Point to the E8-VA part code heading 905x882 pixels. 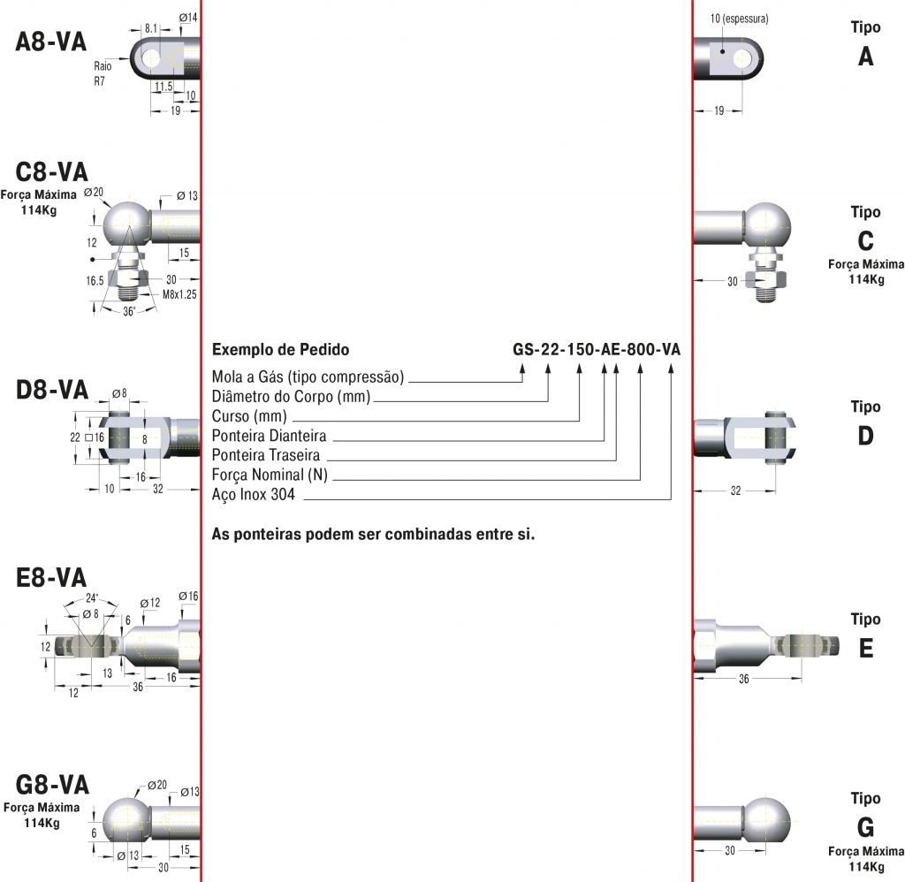52,578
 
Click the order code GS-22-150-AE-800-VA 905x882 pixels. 597,349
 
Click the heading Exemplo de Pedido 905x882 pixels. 274,349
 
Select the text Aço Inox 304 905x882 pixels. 253,496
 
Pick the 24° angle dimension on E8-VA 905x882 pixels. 91,596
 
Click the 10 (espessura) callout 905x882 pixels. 739,18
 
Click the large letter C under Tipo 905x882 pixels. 865,241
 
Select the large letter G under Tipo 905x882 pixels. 865,827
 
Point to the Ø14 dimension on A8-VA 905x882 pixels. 188,18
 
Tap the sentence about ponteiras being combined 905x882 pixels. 374,535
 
